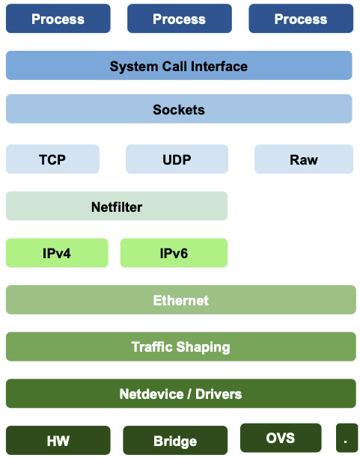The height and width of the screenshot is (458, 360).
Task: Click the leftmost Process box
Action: pos(58,19)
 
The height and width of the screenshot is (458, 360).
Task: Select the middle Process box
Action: pos(180,19)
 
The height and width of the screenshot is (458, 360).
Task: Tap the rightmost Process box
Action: pos(301,19)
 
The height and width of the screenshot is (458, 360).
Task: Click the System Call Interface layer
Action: pos(179,65)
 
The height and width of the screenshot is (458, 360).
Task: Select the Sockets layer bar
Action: pos(179,109)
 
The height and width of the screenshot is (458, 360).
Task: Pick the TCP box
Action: pos(52,159)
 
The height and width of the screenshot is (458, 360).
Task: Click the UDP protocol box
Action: pos(177,159)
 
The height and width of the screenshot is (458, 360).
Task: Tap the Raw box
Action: pos(304,159)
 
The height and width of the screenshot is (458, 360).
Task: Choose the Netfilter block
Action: pos(117,206)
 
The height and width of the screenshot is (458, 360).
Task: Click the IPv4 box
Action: pos(57,253)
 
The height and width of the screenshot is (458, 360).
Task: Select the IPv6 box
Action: pos(174,253)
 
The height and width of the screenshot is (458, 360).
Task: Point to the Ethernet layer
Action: pos(181,299)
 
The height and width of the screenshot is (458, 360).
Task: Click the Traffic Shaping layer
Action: pos(181,346)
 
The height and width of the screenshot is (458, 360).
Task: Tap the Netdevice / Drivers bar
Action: pos(181,394)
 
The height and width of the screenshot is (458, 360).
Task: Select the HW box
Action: pos(58,441)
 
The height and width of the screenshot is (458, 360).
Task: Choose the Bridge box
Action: pos(175,441)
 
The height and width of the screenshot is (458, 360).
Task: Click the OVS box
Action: pos(281,438)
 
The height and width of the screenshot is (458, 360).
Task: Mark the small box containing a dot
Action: pos(347,438)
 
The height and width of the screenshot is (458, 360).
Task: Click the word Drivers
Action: pos(219,394)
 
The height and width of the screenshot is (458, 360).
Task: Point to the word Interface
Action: pos(219,67)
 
